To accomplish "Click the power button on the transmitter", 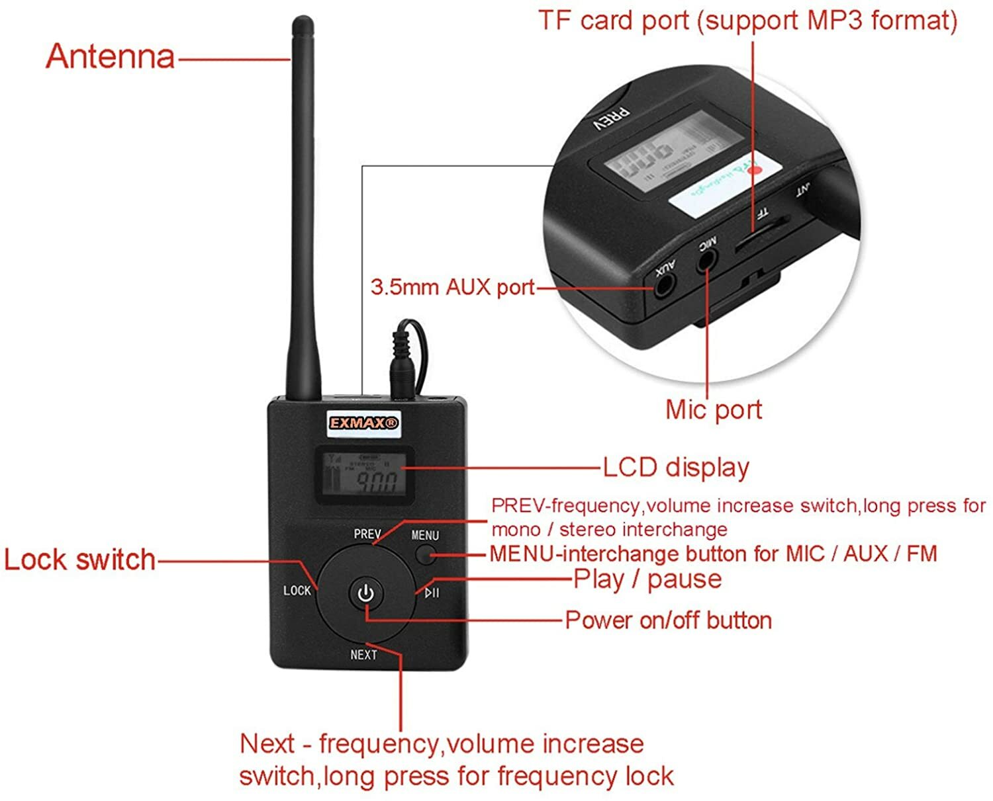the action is point(365,593).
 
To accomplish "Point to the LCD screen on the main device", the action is point(363,474).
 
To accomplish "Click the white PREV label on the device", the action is point(367,534).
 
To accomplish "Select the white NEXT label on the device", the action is point(363,655).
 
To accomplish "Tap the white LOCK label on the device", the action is point(297,590).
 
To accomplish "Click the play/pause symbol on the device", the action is point(432,593).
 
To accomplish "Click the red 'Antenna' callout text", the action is point(111,57).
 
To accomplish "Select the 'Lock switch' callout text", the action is point(80,560).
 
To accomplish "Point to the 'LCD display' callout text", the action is point(676,467).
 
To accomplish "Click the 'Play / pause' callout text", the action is point(647,579).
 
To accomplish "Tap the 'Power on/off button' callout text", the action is point(668,620).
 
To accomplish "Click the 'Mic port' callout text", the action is point(714,409).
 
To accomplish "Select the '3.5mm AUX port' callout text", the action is point(453,287).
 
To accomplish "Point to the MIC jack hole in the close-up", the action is point(706,261).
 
